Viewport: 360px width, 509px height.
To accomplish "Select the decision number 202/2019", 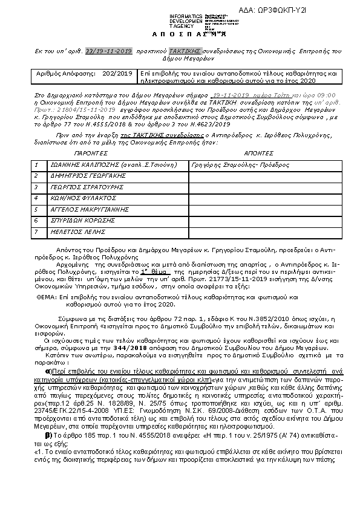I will tap(117, 73).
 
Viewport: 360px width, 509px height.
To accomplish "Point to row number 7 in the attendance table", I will tap(37, 232).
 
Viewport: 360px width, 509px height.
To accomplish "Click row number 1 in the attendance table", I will tap(37, 164).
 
